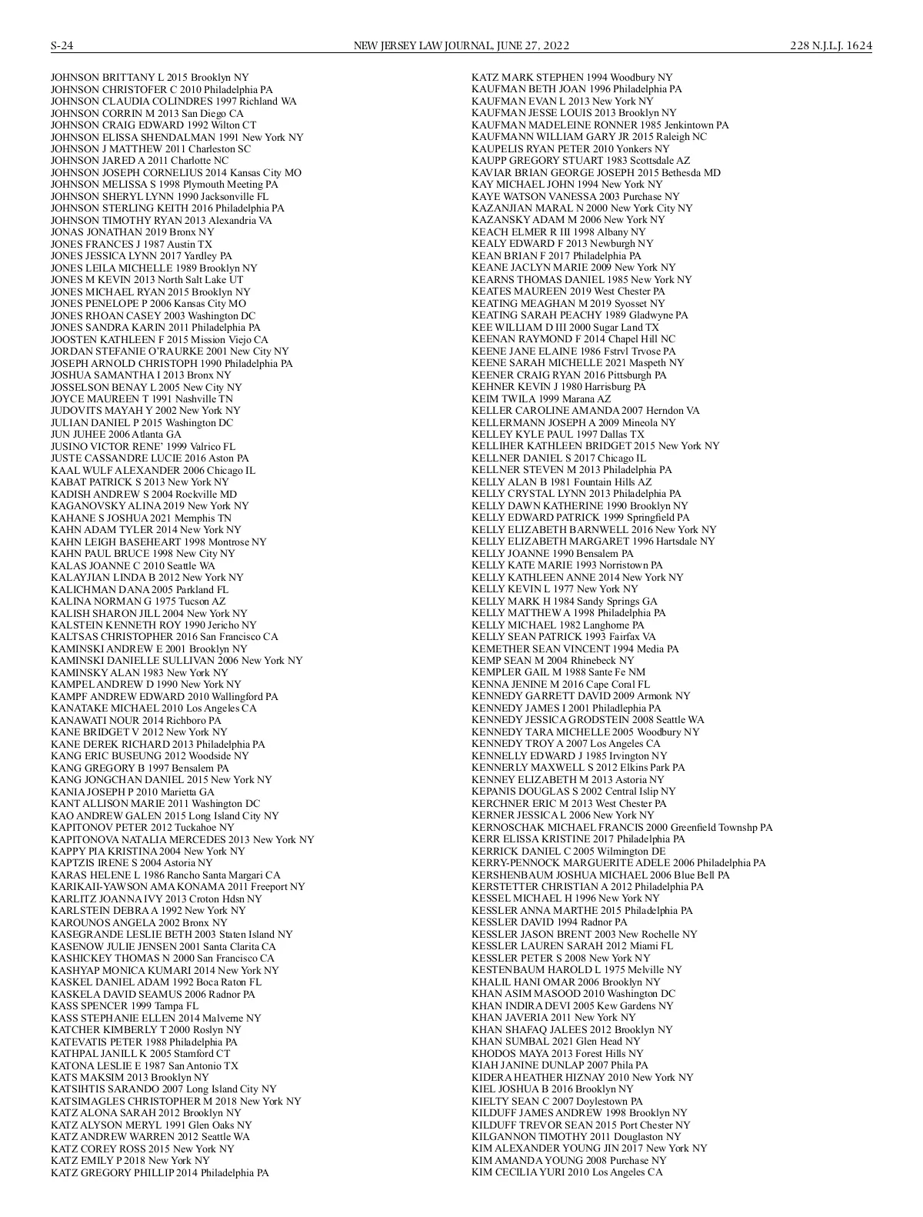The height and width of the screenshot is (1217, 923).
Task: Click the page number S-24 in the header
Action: tap(62, 46)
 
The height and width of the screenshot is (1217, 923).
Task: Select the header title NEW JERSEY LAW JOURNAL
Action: tap(422, 46)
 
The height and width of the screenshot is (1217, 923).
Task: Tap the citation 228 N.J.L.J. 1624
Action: tap(831, 46)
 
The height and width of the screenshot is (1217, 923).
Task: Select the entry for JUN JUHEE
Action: tap(116, 434)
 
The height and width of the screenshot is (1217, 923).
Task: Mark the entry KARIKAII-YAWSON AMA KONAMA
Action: tap(178, 886)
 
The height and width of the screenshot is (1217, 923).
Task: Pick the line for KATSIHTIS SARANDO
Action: tap(163, 1089)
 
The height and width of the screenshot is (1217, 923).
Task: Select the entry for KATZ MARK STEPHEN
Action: tap(571, 77)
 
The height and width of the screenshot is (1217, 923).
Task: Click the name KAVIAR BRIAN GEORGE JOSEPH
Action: tap(596, 172)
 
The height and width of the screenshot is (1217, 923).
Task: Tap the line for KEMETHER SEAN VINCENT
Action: tap(575, 649)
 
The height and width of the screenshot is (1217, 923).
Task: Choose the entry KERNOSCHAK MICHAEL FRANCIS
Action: tap(621, 827)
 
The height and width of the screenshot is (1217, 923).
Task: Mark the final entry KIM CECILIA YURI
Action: tap(567, 1172)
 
